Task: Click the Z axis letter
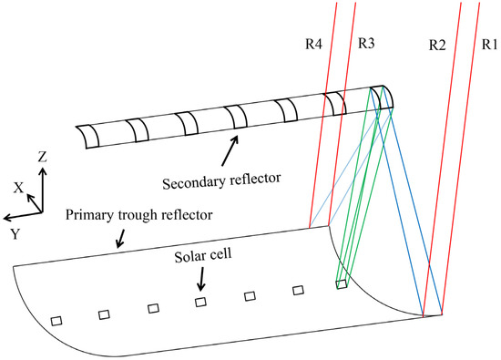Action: click(41, 157)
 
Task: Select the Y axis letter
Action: click(12, 232)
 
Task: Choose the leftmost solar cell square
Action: click(56, 321)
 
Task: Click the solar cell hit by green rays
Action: click(341, 285)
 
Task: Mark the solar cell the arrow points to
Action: click(200, 302)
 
